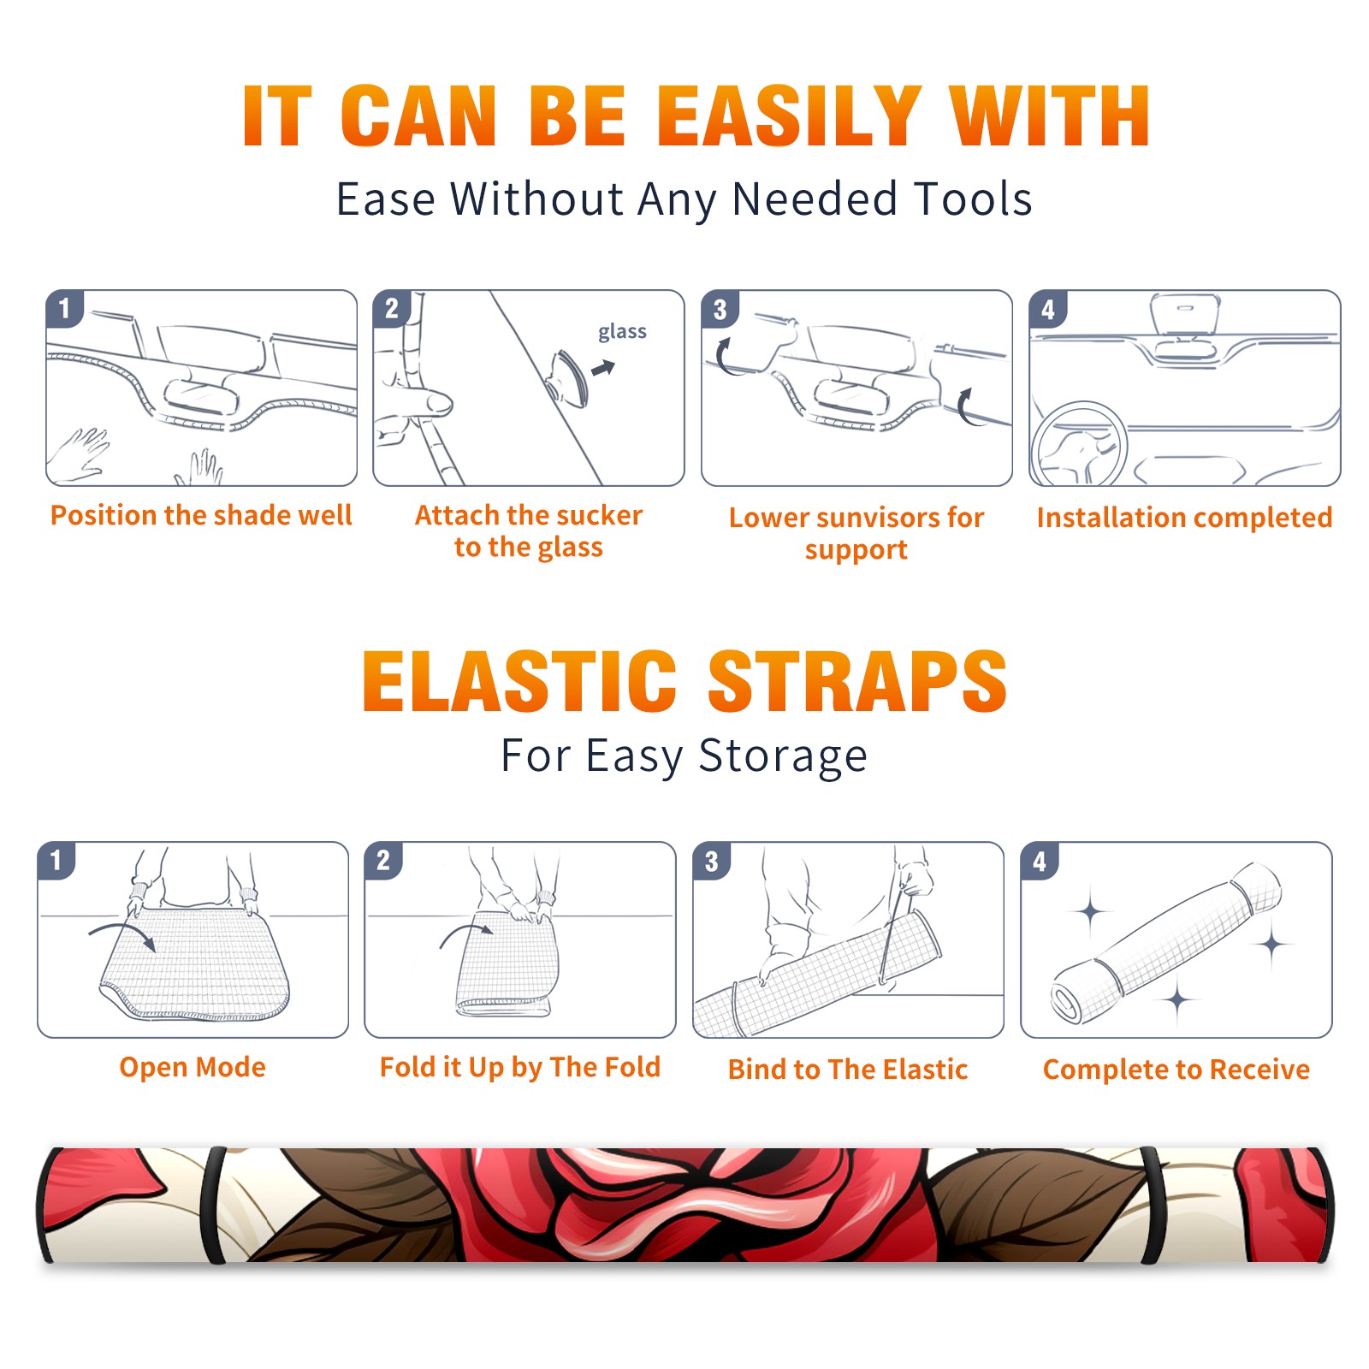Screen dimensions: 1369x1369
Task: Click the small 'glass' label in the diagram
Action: coord(622,332)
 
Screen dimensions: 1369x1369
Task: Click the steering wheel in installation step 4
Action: coord(1079,444)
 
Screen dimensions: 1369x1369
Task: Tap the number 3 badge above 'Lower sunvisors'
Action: coord(720,309)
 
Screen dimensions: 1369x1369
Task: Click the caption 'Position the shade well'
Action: coord(201,515)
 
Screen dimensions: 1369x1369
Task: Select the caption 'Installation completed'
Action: coord(1184,518)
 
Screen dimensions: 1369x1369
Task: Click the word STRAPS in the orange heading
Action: coord(857,681)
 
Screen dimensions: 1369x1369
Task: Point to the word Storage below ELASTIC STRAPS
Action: coord(783,757)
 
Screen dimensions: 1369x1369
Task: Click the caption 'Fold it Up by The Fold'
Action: coord(520,1068)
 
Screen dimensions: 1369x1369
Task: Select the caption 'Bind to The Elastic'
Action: coord(848,1070)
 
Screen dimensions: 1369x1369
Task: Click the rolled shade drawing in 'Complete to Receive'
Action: coord(1166,944)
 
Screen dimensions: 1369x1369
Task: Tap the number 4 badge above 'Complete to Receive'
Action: coord(1040,861)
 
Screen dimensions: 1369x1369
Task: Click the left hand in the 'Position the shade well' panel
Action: coord(79,456)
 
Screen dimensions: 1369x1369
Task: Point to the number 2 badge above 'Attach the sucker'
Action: coord(392,309)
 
